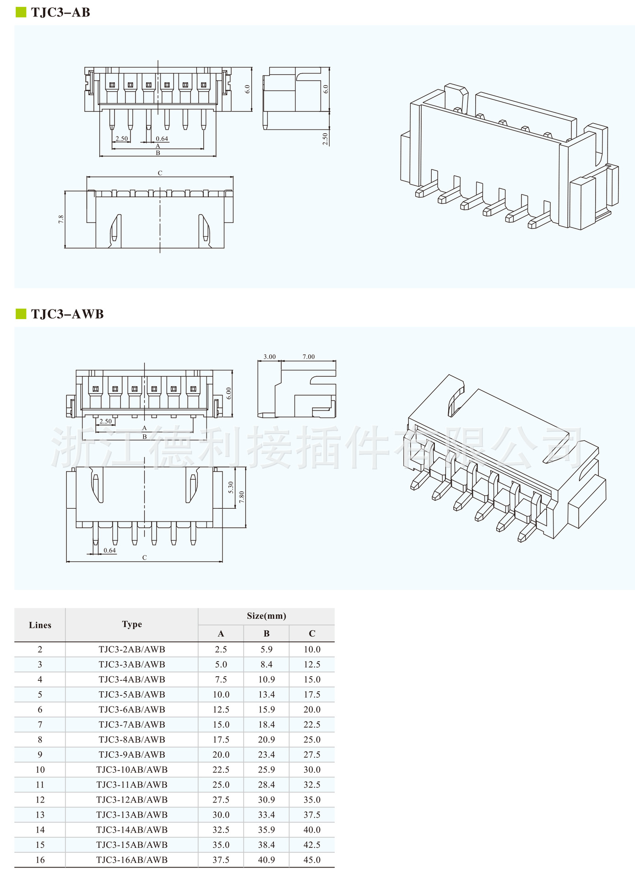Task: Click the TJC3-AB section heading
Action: [60, 12]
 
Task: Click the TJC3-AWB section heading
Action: [67, 314]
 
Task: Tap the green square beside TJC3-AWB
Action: [21, 314]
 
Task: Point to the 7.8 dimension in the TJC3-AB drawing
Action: [61, 219]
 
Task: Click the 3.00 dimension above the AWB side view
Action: [270, 357]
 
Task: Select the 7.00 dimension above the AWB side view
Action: [309, 357]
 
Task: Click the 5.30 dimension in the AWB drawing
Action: [231, 488]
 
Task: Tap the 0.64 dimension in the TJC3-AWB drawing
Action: [109, 550]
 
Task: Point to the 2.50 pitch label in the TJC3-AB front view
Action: [121, 138]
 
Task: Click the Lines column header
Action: [40, 625]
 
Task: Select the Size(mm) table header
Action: [266, 616]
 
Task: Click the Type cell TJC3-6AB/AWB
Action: [132, 709]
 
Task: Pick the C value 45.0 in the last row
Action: [312, 860]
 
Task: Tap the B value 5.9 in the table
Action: [266, 649]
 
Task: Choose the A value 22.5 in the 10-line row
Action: [221, 770]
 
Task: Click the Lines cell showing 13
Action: [40, 814]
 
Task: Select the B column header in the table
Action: [266, 634]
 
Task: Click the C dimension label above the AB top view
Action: [160, 173]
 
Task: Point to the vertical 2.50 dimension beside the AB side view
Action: [325, 139]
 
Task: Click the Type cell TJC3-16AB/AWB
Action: [132, 860]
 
